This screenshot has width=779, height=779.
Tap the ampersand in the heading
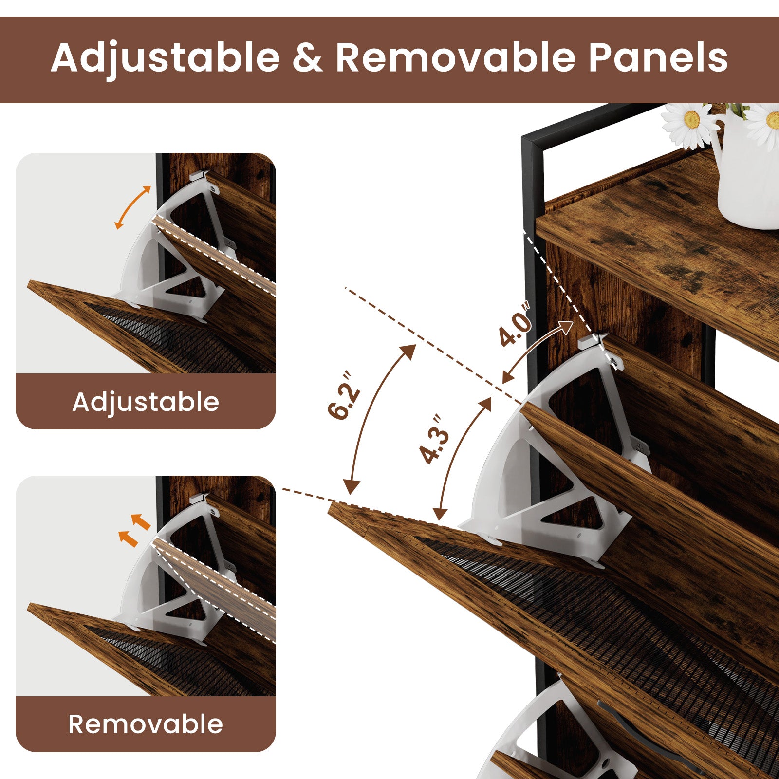[308, 58]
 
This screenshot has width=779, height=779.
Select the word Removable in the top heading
[456, 57]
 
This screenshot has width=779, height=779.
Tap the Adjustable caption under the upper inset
[146, 403]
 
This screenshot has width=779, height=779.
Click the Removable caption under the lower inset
[146, 724]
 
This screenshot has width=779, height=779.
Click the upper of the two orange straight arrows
[140, 522]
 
